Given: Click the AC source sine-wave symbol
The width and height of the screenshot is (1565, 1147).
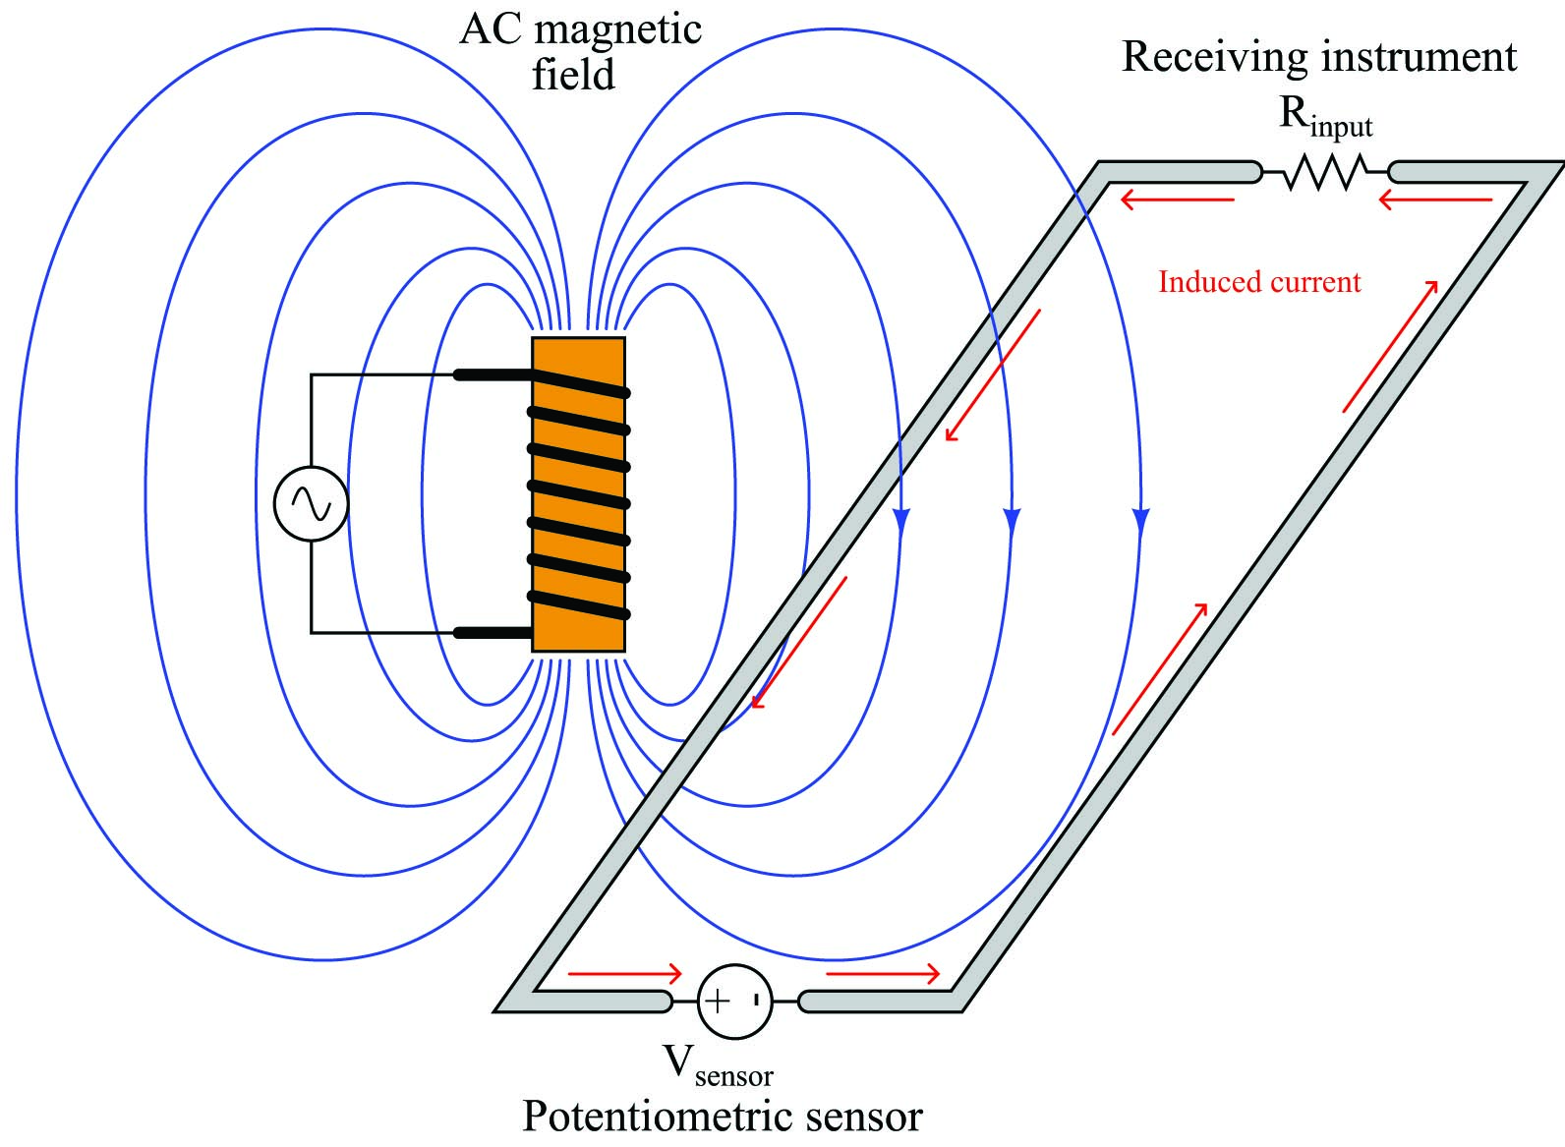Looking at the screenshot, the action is pos(311,503).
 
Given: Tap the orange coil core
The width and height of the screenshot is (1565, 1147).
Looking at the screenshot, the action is pos(578,494).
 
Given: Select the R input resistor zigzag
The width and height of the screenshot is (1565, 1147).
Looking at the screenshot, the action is pos(1325,172).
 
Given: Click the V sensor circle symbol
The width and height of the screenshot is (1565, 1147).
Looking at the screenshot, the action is pos(735,1002).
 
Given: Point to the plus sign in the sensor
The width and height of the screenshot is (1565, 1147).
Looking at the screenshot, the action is pos(718,1001).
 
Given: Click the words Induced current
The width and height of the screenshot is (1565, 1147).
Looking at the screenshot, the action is pos(1259,281).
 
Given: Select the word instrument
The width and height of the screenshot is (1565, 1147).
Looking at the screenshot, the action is pos(1420,57).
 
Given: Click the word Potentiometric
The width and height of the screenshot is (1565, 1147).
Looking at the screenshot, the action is pos(657,1117).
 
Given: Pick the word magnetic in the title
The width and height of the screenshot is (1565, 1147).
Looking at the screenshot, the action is pos(618,30).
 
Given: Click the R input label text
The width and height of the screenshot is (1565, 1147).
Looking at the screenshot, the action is pos(1325,119).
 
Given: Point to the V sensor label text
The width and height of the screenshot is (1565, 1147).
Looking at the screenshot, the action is pos(718,1066).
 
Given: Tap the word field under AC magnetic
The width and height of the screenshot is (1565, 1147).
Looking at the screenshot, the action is pos(573,74).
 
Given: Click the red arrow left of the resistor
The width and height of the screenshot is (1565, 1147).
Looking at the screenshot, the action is pos(1178,201).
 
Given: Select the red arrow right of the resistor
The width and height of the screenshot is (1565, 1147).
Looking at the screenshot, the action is pos(1435,201).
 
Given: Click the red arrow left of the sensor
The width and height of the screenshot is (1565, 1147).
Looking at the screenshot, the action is pos(624,973).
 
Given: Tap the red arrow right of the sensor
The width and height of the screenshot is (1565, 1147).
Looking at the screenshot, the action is pos(883,973).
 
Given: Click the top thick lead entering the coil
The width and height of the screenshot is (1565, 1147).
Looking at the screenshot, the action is pos(493,375).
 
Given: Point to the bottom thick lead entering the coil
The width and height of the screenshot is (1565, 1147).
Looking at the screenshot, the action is pos(493,633).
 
